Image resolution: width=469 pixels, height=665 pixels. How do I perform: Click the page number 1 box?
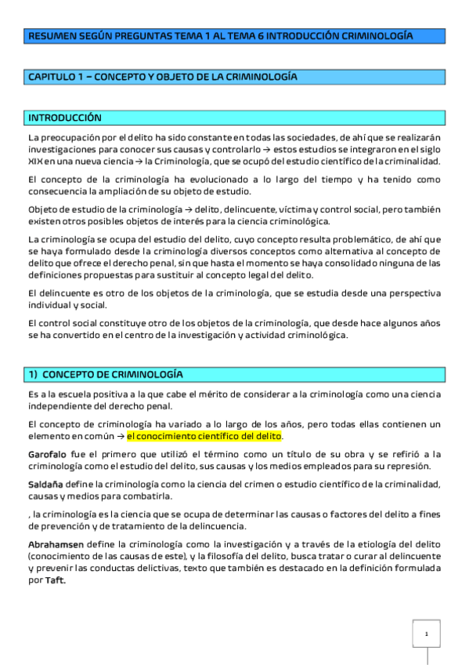[427, 633]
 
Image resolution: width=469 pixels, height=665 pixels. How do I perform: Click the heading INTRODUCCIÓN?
[65, 118]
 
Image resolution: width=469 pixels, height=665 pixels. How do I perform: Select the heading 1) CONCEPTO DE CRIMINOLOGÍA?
[104, 374]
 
